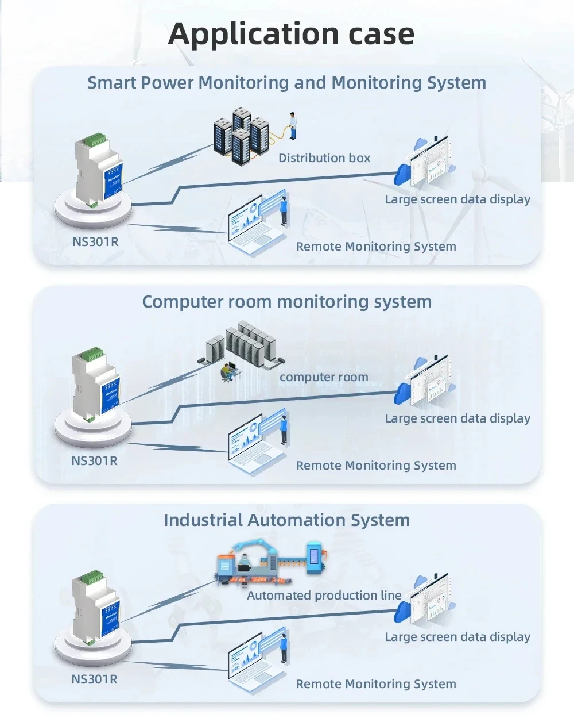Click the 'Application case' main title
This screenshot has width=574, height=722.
(x=291, y=34)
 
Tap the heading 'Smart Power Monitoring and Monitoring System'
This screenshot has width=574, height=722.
(x=286, y=83)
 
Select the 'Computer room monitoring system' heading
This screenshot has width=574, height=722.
(x=286, y=302)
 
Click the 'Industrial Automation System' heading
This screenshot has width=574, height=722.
(x=286, y=520)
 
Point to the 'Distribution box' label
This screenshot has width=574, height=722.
(x=324, y=158)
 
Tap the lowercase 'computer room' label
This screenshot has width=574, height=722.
(x=324, y=377)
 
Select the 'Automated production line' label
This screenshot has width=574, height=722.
(x=324, y=596)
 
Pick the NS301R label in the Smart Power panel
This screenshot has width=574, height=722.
(x=95, y=241)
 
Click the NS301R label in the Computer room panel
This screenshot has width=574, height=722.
(x=94, y=460)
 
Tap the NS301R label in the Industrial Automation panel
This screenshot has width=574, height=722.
(x=94, y=679)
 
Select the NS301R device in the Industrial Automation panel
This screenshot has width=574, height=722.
(x=95, y=606)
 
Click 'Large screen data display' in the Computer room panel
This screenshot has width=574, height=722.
(x=457, y=418)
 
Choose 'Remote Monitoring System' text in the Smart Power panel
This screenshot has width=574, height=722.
(x=376, y=247)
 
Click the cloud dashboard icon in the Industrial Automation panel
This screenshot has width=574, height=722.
(x=425, y=601)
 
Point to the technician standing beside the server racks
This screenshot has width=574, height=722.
(x=293, y=126)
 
